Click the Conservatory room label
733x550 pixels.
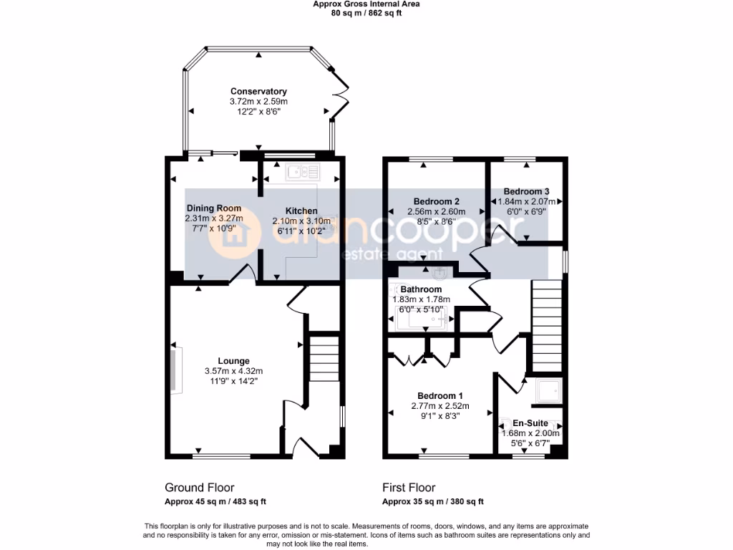(x=258, y=91)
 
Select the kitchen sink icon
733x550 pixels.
(x=304, y=171)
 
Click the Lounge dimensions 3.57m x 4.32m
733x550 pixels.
(x=233, y=371)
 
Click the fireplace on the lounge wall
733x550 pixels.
(x=175, y=369)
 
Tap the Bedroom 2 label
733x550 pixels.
(x=436, y=201)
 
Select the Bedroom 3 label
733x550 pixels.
(x=526, y=191)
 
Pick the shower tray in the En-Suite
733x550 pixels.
(x=549, y=391)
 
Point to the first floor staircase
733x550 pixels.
(x=543, y=322)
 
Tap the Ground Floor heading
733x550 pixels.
(x=199, y=488)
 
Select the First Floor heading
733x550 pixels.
(x=409, y=488)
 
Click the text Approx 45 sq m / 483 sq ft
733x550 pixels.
(x=215, y=502)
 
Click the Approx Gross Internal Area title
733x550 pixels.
(x=366, y=4)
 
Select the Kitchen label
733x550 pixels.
(x=301, y=211)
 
